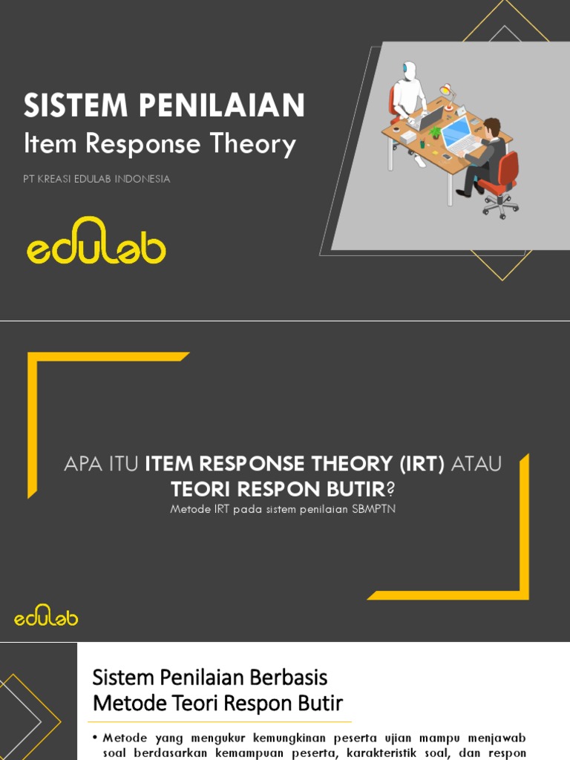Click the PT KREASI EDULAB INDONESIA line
click(x=96, y=179)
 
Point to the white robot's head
click(x=408, y=70)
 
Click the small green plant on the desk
click(x=435, y=132)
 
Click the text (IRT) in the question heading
click(x=422, y=465)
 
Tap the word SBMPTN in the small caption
click(x=373, y=509)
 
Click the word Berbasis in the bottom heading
click(x=293, y=677)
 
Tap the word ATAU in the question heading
click(x=476, y=465)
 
